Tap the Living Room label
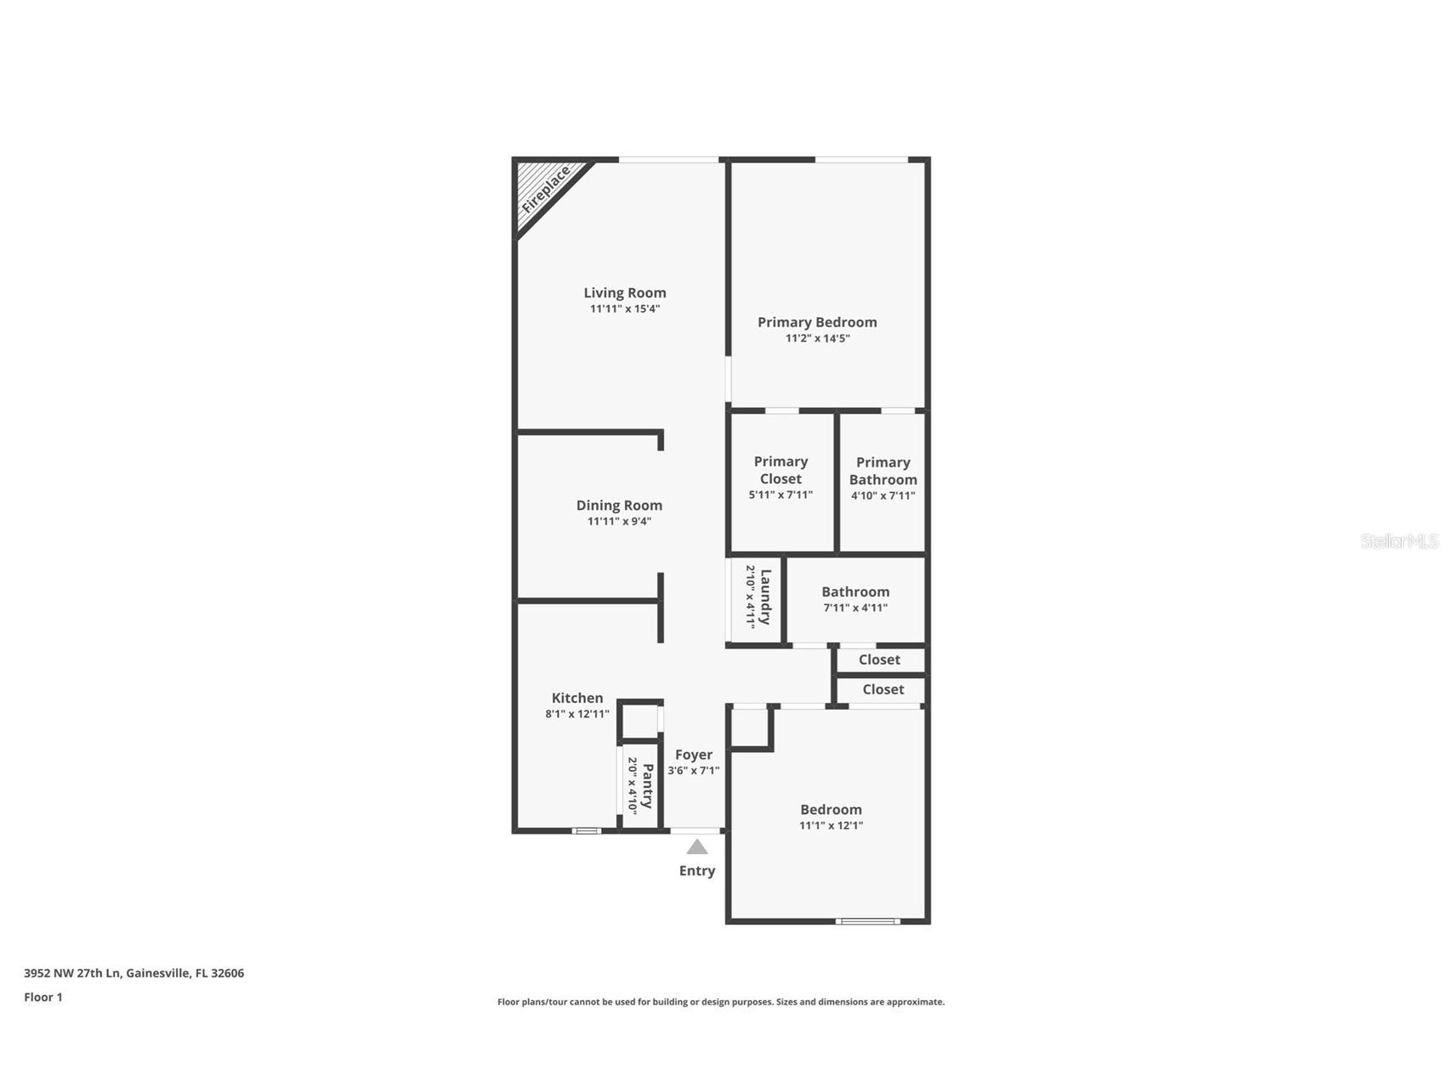625,293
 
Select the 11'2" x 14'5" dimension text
818,338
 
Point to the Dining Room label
619,506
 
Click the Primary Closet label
781,470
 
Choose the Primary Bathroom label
883,471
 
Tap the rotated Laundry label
765,597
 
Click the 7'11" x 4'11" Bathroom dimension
855,608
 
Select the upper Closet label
879,659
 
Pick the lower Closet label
883,689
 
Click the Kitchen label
577,699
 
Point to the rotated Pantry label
648,786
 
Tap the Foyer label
694,755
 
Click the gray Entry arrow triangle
697,847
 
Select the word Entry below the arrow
697,871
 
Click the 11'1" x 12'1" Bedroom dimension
831,825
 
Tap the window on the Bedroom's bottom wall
867,921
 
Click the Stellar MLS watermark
1399,541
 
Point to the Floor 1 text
43,998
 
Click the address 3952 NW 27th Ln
73,974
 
